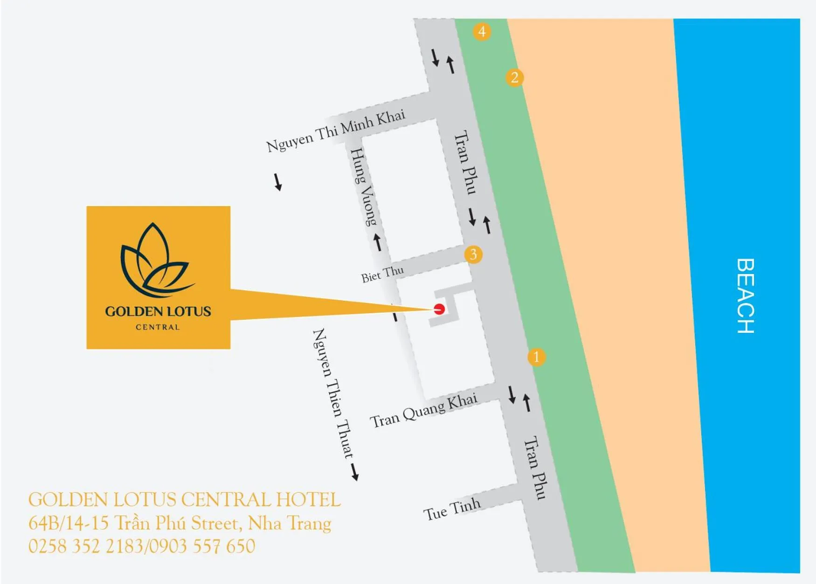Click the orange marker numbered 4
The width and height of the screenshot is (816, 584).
tap(482, 32)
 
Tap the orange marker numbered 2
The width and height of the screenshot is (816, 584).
tap(514, 77)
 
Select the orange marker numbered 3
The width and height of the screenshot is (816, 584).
tap(473, 254)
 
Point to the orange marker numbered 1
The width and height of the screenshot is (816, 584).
tap(536, 357)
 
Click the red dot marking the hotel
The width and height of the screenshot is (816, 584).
tap(439, 309)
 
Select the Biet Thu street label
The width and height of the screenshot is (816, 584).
tap(382, 274)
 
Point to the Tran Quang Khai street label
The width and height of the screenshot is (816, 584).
tap(423, 410)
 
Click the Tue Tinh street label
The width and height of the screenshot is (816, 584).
tap(451, 509)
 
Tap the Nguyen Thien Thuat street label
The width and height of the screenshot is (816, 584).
tap(332, 393)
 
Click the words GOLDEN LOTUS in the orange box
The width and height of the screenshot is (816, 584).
tap(158, 311)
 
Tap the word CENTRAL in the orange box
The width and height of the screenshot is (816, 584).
tap(158, 327)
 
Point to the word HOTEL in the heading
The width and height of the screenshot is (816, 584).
tap(308, 500)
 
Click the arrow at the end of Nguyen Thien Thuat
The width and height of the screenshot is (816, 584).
tap(355, 472)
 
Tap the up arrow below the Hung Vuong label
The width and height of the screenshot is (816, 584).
tap(378, 242)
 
